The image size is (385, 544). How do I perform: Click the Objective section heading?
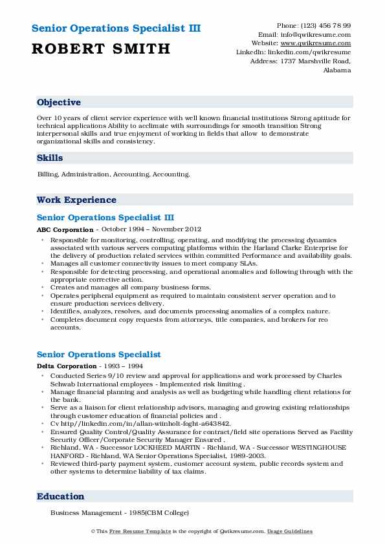[x=59, y=103]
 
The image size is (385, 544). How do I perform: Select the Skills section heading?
[x=50, y=158]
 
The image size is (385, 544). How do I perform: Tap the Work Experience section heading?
[x=76, y=200]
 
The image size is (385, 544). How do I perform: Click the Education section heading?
[x=61, y=497]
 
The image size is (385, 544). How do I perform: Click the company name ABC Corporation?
[x=65, y=229]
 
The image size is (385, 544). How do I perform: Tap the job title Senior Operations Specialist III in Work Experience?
[x=105, y=218]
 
